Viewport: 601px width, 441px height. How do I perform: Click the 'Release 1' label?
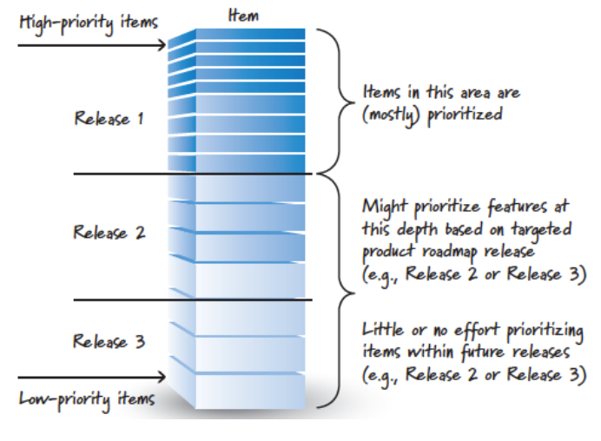109,119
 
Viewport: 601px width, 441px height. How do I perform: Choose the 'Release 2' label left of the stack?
109,233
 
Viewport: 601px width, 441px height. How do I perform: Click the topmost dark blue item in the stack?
249,34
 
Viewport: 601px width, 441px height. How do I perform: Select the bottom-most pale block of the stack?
249,391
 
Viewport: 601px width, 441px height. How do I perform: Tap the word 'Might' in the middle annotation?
385,207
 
